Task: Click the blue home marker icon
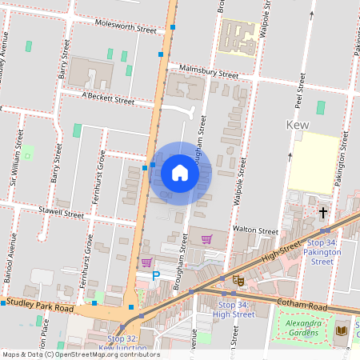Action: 180,172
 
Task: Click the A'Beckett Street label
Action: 108,100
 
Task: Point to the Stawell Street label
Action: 56,213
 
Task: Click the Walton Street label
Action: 254,230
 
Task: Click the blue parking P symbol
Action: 156,276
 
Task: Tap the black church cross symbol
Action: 323,213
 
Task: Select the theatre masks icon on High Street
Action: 238,280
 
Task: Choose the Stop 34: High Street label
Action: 236,309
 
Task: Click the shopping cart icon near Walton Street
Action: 206,238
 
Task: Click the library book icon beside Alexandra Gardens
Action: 342,330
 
